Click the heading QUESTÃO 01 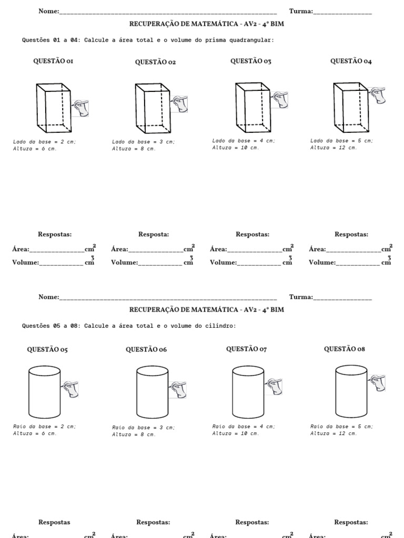tap(53, 61)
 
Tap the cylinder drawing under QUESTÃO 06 tap(152, 392)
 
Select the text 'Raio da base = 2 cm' tap(44, 426)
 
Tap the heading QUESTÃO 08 tap(344, 349)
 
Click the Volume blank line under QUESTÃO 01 tap(62, 263)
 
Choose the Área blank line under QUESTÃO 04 tap(353, 250)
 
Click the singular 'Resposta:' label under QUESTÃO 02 tap(154, 234)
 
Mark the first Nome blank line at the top tap(168, 12)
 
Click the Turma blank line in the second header tap(342, 297)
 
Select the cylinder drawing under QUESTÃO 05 tap(45, 392)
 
